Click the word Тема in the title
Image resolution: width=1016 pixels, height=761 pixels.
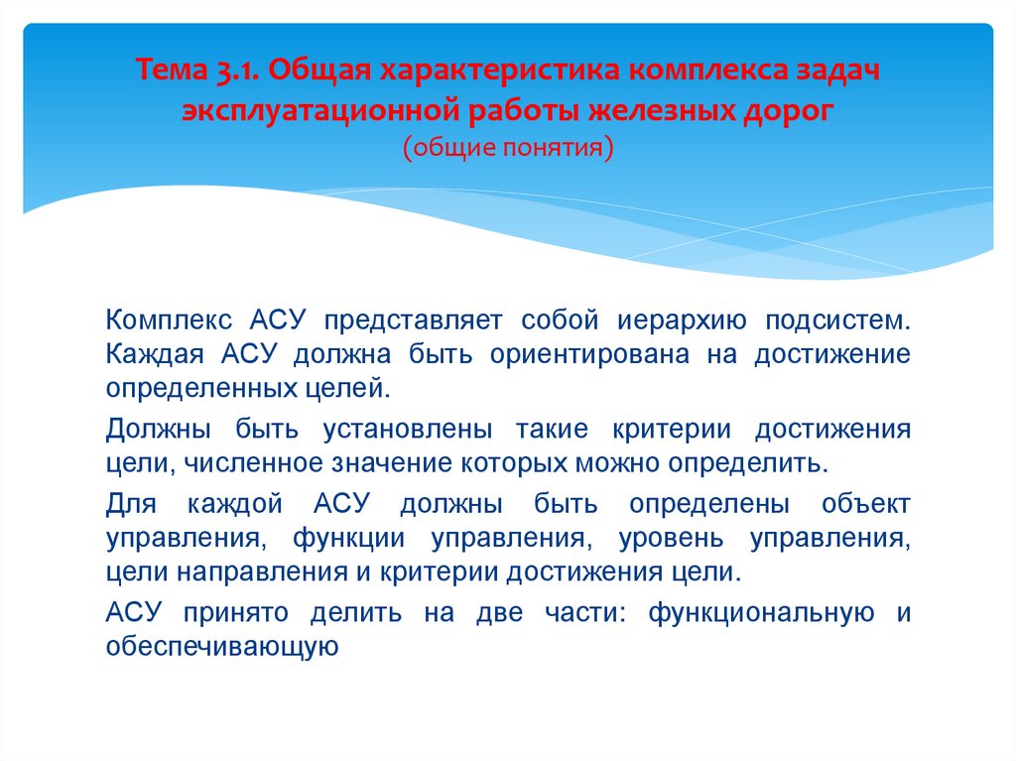pos(170,72)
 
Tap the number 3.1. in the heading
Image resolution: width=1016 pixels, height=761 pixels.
pos(233,72)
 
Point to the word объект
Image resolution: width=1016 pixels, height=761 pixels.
pos(865,504)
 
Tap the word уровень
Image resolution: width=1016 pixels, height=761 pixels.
pos(672,539)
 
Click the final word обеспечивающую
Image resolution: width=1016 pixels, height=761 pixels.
pos(223,647)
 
